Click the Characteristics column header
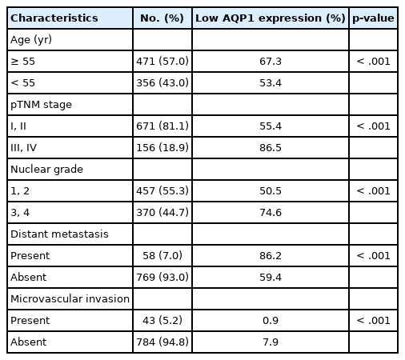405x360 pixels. tap(54, 18)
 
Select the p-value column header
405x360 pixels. tap(373, 18)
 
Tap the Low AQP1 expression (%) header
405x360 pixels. tap(271, 18)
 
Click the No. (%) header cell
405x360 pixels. tap(162, 18)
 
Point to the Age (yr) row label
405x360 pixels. tap(31, 40)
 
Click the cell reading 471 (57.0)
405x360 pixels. tap(162, 62)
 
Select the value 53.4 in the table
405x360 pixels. tap(271, 83)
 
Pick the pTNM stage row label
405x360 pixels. tap(41, 105)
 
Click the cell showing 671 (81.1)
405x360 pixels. tap(162, 126)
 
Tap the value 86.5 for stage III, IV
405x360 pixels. tap(271, 148)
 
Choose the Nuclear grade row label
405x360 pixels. tap(46, 170)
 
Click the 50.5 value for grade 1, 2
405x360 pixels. tap(271, 191)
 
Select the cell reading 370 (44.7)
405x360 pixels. tap(162, 213)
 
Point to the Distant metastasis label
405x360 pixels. tap(59, 234)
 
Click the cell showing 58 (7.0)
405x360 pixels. tap(162, 256)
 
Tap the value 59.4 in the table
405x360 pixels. tap(271, 278)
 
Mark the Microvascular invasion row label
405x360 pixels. tap(70, 299)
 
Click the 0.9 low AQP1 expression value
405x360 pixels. tap(271, 321)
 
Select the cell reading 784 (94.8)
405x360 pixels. tap(162, 342)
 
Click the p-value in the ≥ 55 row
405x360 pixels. tap(373, 62)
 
